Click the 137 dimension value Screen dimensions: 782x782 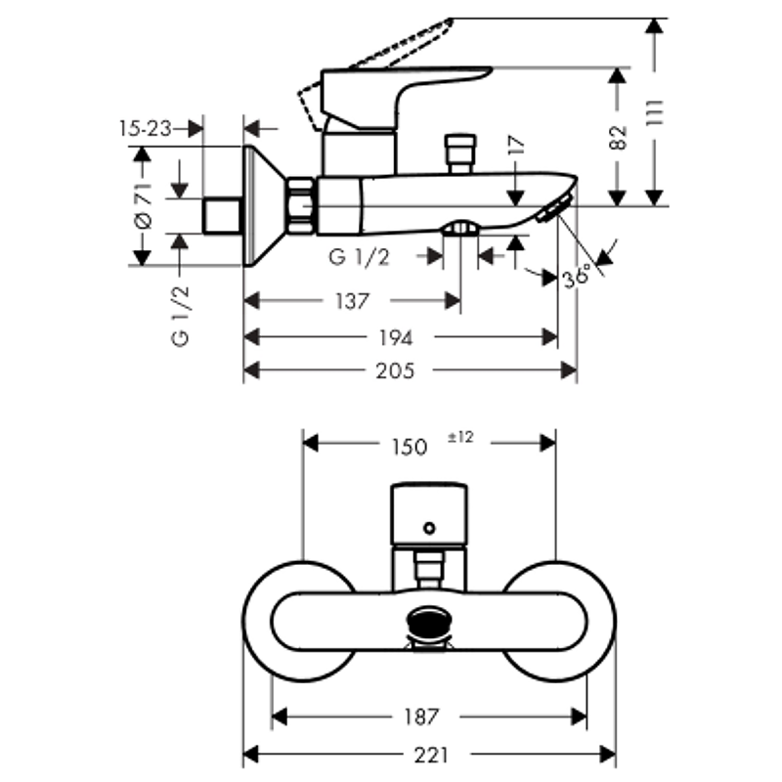pos(352,301)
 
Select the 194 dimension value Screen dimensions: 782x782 pos(396,338)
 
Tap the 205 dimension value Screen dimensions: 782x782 pos(395,370)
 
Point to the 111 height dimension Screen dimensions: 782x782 pos(655,113)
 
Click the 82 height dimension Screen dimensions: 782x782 pos(618,138)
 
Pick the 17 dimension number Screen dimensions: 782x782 pos(517,145)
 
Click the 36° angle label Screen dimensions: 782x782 pos(577,276)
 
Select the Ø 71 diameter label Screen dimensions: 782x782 pos(143,206)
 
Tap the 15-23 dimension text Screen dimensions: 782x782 pos(145,129)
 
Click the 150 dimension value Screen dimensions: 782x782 pos(410,447)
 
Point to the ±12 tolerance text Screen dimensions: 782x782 pos(460,437)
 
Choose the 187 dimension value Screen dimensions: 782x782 pos(421,717)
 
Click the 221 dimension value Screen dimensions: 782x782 pos(431,756)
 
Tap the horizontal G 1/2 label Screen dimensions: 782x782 pos(359,257)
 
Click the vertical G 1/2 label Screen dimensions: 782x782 pos(180,316)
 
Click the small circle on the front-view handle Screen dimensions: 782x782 pos(429,528)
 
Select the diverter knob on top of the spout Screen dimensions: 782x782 pos(460,153)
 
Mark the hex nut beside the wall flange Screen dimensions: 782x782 pos(300,205)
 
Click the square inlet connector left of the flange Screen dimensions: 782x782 pos(222,215)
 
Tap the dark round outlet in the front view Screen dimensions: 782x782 pos(429,621)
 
